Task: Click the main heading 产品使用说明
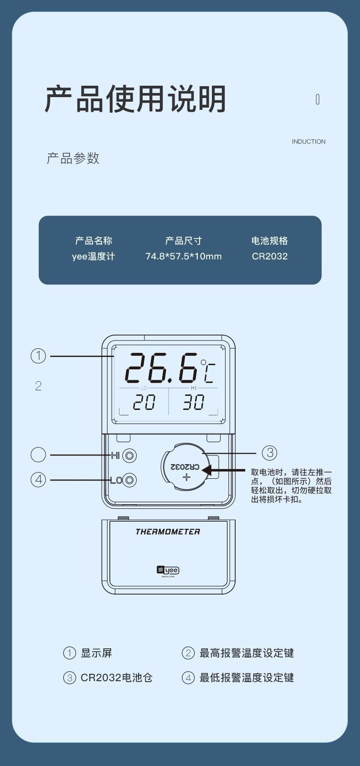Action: [x=135, y=99]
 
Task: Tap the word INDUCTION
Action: [x=309, y=142]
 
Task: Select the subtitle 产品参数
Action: [x=73, y=159]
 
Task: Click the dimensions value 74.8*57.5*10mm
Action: [x=183, y=256]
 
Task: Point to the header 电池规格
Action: [x=269, y=241]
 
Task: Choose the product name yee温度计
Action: [x=93, y=256]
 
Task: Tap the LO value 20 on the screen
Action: [x=144, y=403]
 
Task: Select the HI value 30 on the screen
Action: [x=193, y=403]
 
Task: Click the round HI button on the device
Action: [x=130, y=455]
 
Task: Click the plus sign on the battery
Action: [x=186, y=477]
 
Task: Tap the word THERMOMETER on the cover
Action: [x=168, y=532]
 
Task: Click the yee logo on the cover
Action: [x=168, y=570]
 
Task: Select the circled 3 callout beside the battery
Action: [x=269, y=453]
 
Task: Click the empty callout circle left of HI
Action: [x=38, y=455]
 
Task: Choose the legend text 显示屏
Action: [x=96, y=653]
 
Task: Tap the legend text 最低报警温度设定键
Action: [x=247, y=678]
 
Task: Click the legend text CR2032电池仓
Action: [x=116, y=678]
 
